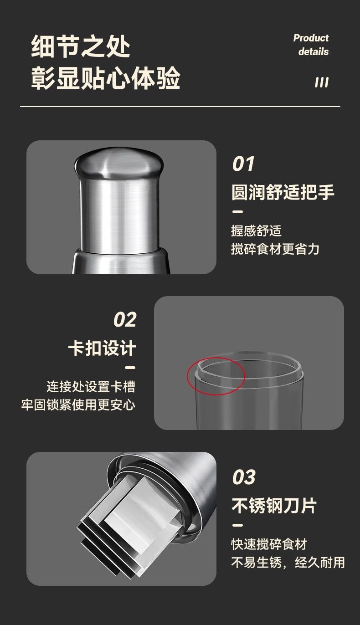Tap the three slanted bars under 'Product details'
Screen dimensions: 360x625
[x=322, y=82]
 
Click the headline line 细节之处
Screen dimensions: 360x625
[x=81, y=46]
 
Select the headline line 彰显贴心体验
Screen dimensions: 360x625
[x=105, y=78]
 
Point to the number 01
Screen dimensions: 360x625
[x=243, y=164]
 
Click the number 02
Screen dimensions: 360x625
[x=125, y=319]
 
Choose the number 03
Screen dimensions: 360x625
[x=244, y=477]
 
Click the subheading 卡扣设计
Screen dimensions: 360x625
[x=102, y=348]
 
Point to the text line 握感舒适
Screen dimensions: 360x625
[x=257, y=231]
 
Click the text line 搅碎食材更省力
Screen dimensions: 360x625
[x=275, y=249]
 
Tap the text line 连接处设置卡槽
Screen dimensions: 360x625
[x=91, y=386]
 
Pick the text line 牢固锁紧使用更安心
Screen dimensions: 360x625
[x=78, y=405]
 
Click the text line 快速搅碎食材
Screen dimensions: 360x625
[x=269, y=544]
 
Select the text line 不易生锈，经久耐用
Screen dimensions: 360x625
[x=288, y=562]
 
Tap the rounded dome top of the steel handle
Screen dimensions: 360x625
[x=119, y=163]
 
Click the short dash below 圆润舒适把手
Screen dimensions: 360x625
[x=237, y=212]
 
